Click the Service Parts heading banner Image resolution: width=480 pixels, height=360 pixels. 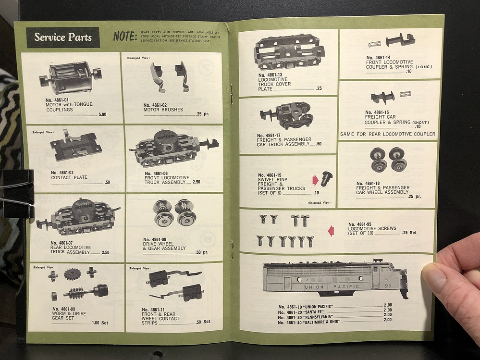63,37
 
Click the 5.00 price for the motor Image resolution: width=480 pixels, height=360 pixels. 102,115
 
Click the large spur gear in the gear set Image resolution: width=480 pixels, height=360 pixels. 73,274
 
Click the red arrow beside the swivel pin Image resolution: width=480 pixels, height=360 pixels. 315,180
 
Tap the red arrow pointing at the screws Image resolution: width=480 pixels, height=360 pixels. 331,231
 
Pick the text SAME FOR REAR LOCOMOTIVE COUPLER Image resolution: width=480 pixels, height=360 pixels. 387,134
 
